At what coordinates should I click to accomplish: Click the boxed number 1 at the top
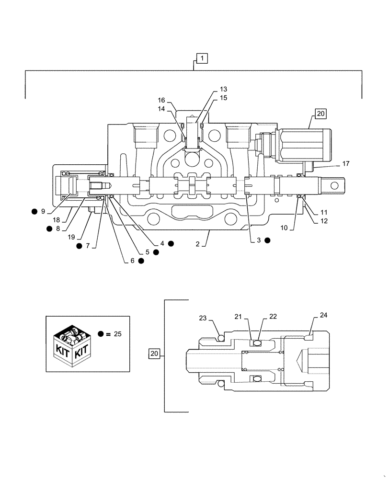click(202, 58)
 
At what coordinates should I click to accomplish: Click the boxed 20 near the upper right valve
click(320, 114)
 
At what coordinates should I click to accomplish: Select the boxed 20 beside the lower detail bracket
click(154, 354)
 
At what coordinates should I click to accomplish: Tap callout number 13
click(224, 89)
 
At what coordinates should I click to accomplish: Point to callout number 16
click(161, 100)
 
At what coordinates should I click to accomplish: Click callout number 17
click(346, 164)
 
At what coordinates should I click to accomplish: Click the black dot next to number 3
click(267, 240)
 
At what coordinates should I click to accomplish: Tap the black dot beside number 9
click(34, 211)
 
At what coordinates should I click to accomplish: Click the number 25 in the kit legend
click(117, 334)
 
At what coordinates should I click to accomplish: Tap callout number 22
click(273, 317)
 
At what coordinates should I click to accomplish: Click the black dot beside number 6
click(141, 261)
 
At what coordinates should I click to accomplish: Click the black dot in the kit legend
click(101, 334)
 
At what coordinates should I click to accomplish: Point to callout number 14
click(161, 109)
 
